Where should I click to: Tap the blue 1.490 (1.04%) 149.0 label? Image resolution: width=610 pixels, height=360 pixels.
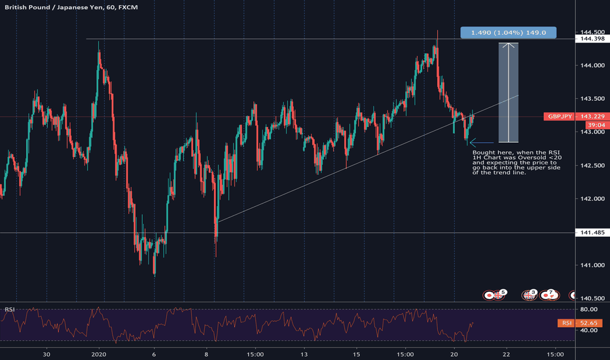click(509, 31)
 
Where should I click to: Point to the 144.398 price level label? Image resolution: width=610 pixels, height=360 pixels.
click(591, 39)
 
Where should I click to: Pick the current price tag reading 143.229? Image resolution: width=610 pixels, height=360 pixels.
click(592, 117)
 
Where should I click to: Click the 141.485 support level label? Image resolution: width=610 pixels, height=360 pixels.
click(591, 233)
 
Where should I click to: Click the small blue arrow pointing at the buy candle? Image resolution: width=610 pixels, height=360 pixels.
click(481, 142)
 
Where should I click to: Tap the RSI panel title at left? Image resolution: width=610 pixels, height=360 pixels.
click(10, 309)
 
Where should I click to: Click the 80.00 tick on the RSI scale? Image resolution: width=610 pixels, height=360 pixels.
click(589, 310)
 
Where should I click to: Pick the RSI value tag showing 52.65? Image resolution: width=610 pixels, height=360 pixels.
click(592, 323)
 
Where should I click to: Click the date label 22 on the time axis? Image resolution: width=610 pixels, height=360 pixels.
click(506, 354)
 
